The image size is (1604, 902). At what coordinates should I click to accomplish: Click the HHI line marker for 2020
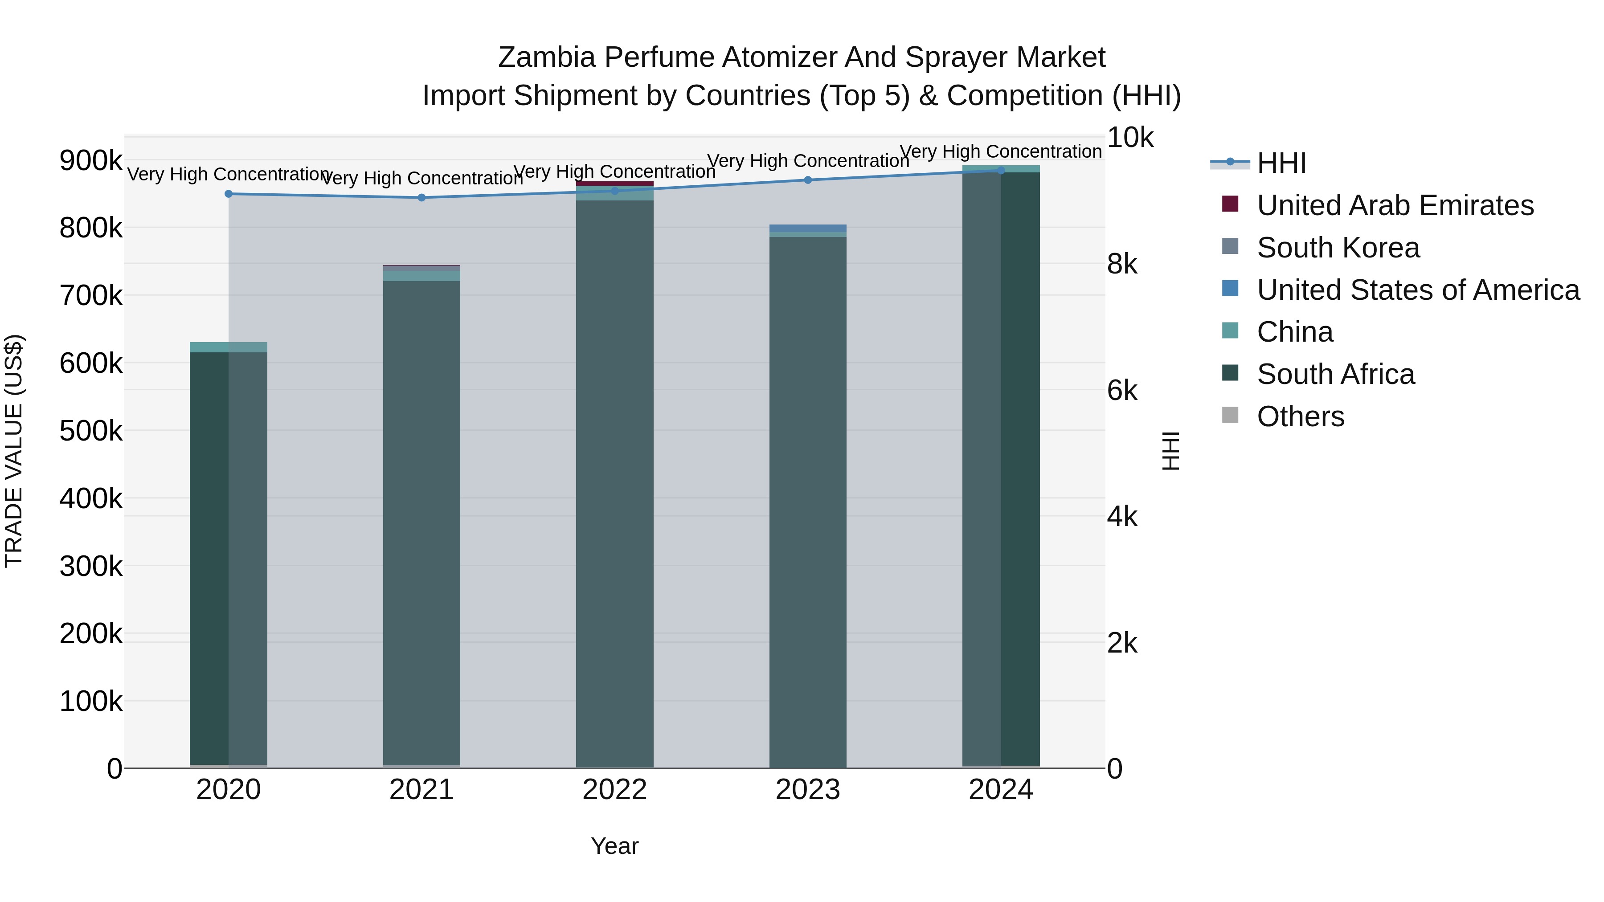click(229, 194)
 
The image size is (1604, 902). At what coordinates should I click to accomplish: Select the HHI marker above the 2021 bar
click(421, 197)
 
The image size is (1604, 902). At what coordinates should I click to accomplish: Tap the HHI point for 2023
click(808, 180)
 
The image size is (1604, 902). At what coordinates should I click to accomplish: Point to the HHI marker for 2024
click(1001, 170)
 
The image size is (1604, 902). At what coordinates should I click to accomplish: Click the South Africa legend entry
click(1336, 374)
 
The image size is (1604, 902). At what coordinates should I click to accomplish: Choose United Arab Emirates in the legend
click(1395, 205)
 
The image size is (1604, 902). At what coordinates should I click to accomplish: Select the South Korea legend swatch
click(1230, 246)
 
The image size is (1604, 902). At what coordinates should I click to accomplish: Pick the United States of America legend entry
click(1418, 290)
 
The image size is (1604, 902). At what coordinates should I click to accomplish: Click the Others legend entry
click(1300, 416)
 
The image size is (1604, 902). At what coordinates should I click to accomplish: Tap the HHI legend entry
click(1281, 163)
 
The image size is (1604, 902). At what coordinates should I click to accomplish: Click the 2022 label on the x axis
click(614, 790)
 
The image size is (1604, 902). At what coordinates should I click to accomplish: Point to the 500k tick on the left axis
click(91, 431)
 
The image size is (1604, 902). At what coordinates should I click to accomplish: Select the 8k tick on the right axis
click(1122, 264)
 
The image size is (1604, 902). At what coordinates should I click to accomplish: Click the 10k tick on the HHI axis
click(1129, 138)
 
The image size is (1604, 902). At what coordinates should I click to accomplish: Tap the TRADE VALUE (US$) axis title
click(14, 451)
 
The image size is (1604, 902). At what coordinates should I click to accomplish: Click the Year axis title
click(614, 846)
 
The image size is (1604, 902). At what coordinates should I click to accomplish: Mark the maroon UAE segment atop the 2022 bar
click(614, 184)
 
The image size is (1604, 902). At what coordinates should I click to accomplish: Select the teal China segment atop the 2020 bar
click(229, 347)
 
